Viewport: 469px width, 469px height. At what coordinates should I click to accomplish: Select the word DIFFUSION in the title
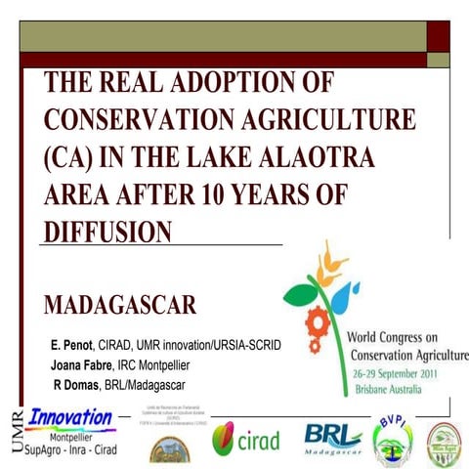(108, 232)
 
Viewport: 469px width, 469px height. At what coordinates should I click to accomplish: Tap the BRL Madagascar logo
(333, 438)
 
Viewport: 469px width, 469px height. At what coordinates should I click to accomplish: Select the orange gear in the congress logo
(316, 320)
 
